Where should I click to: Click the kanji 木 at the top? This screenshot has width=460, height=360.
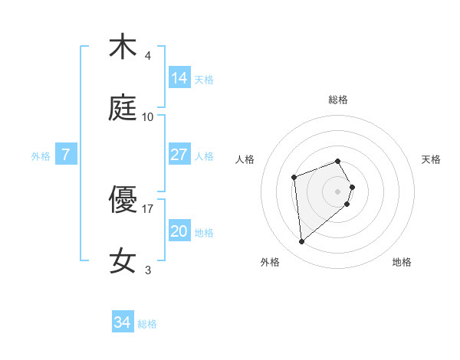(x=123, y=47)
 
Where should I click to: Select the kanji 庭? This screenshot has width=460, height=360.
(x=123, y=108)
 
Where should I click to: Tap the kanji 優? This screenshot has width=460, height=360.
(x=123, y=200)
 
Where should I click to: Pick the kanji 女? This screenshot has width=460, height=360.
(x=123, y=260)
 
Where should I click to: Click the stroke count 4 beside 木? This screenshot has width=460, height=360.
(x=148, y=56)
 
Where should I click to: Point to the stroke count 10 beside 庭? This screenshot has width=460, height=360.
(x=148, y=117)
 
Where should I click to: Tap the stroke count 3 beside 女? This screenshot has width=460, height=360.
(x=148, y=270)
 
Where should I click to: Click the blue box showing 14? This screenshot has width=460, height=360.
(x=179, y=78)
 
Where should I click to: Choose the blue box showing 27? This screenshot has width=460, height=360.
(x=179, y=155)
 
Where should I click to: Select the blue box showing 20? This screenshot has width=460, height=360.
(x=179, y=231)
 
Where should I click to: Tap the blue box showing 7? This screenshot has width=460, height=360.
(x=67, y=155)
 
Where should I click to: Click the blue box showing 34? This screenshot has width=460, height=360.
(x=123, y=322)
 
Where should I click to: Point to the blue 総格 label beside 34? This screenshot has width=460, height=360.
(x=147, y=324)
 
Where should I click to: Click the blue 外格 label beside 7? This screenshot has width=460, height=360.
(x=41, y=156)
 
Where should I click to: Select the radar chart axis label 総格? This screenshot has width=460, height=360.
(x=338, y=100)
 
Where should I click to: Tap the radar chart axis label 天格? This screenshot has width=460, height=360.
(x=431, y=159)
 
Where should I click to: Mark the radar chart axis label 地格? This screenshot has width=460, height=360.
(x=402, y=262)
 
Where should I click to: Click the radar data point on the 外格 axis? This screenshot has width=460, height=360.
(x=302, y=242)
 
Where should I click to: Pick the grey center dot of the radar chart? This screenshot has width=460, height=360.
(x=338, y=191)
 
